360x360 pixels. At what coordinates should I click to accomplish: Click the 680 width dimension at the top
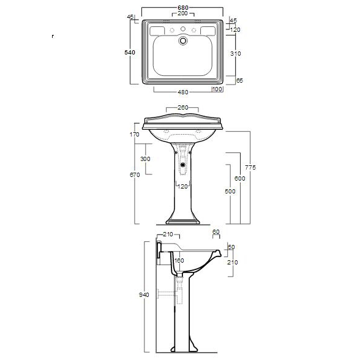(182, 9)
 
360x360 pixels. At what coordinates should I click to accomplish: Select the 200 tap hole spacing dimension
(182, 15)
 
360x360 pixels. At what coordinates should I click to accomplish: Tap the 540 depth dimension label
(129, 53)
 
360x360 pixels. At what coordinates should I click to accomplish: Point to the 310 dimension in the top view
(236, 53)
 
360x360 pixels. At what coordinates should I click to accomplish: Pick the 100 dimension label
(217, 90)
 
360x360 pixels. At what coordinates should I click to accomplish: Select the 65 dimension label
(239, 80)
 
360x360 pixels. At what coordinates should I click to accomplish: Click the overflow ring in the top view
(182, 42)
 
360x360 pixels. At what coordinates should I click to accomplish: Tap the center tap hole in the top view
(182, 29)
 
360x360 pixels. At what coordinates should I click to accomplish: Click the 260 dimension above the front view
(182, 108)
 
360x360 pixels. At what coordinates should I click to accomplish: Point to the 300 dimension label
(145, 159)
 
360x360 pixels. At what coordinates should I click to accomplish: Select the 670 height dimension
(135, 175)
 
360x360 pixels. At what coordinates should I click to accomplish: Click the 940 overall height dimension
(143, 294)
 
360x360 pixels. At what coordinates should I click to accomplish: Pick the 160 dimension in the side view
(179, 260)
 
